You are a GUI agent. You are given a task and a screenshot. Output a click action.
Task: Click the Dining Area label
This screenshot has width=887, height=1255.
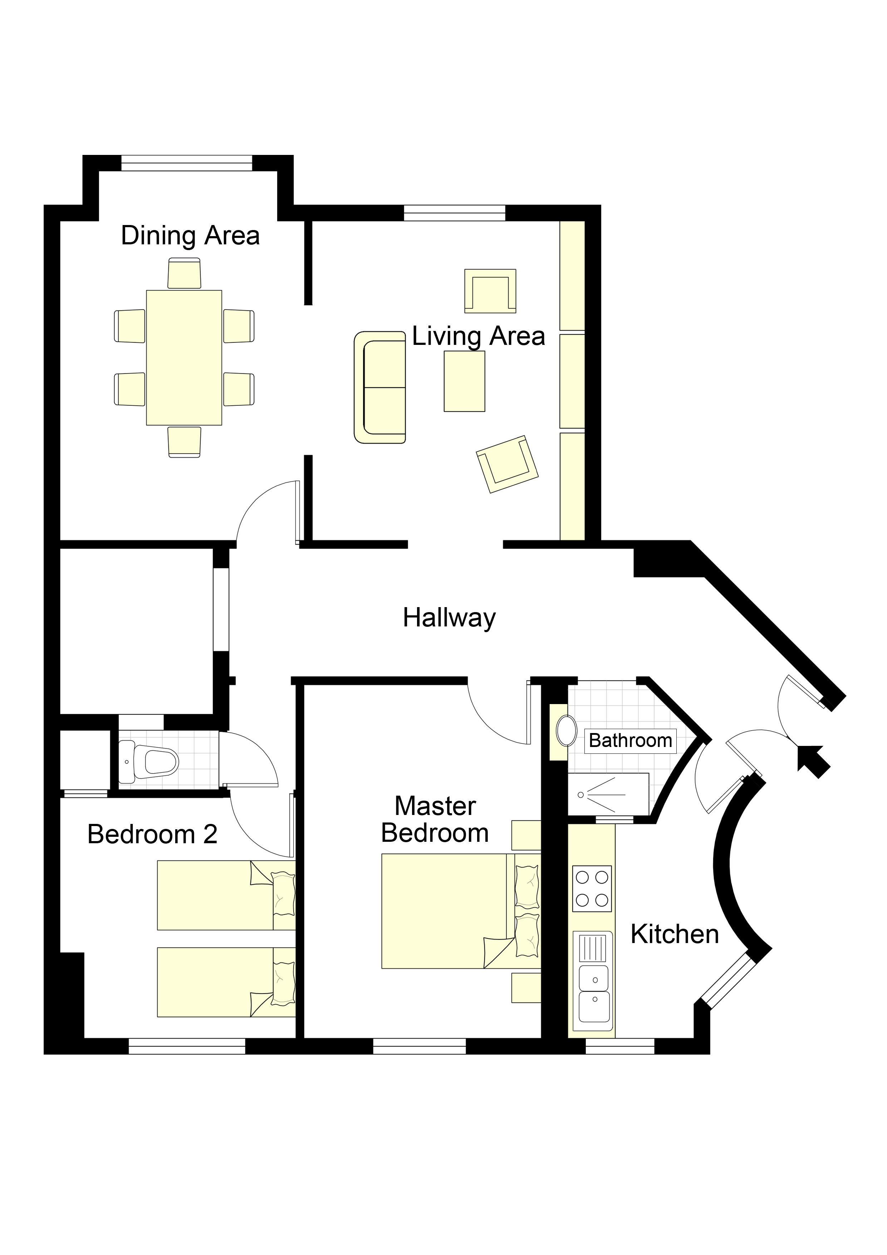[190, 236]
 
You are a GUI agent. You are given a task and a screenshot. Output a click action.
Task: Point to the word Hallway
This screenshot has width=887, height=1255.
[449, 618]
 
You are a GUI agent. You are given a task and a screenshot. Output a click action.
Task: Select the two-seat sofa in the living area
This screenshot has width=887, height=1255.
[380, 387]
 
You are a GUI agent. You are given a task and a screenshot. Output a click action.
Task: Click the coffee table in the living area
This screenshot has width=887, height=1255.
[465, 381]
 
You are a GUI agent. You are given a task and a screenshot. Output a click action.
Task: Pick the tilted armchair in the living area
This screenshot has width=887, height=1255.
[507, 464]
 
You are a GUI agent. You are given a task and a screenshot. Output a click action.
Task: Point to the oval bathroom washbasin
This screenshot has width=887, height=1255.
[566, 731]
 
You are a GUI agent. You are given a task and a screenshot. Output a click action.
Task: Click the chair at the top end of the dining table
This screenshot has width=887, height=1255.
[184, 273]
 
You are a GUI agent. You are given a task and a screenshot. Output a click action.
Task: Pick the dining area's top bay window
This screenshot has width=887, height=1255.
[187, 163]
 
